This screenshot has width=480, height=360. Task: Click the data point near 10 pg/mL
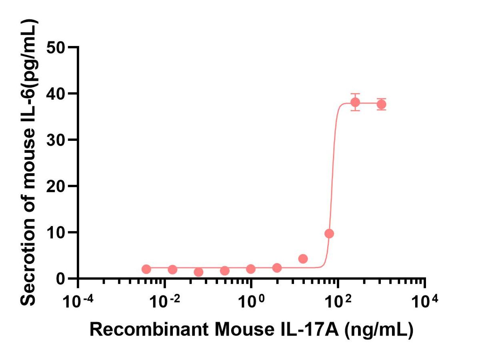(x=329, y=234)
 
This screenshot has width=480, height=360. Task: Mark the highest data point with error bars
(x=355, y=102)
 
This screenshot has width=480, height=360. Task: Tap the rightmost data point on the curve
(x=381, y=104)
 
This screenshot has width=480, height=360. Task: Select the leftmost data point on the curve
(x=146, y=269)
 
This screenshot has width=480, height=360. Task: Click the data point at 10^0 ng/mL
(x=251, y=269)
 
